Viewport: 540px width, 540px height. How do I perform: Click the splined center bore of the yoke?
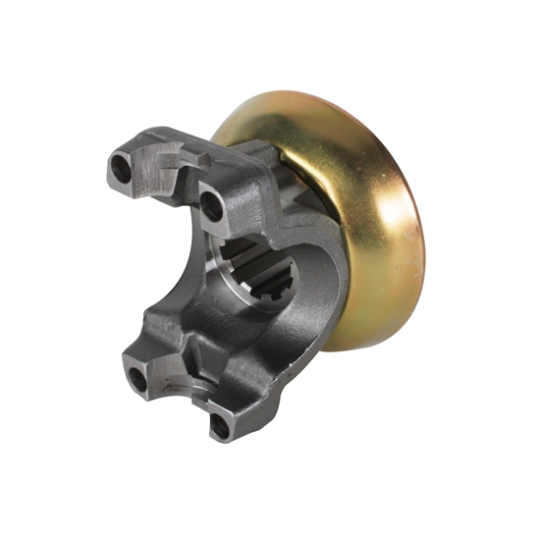tap(256, 273)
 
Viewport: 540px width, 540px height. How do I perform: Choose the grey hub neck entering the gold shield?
tap(285, 167)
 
